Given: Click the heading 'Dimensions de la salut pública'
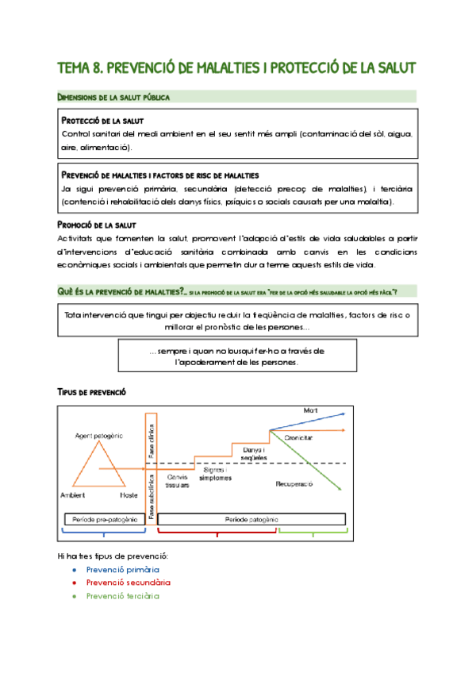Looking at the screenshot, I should [x=113, y=97].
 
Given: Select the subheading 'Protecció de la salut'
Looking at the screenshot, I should [x=102, y=121].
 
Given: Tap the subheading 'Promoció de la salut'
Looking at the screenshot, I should [x=99, y=225].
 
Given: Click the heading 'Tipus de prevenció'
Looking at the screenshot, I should [x=90, y=393].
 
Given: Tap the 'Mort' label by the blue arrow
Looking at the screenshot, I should [x=310, y=410].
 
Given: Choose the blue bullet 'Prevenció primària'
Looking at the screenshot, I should [x=122, y=570].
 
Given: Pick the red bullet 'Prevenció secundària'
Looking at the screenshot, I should [x=128, y=583].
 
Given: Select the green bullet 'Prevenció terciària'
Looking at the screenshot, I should [x=122, y=596].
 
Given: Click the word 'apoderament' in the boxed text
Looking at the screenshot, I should [x=204, y=362].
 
